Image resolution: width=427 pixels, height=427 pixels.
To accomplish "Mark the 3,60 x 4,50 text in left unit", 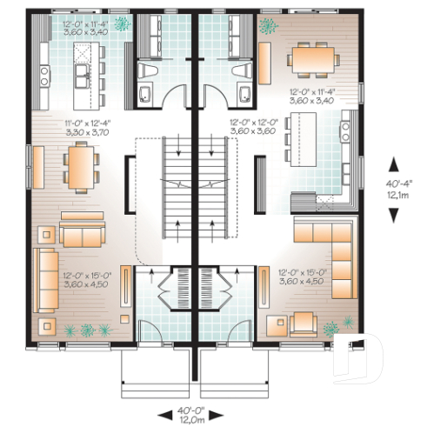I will coord(84,283).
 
